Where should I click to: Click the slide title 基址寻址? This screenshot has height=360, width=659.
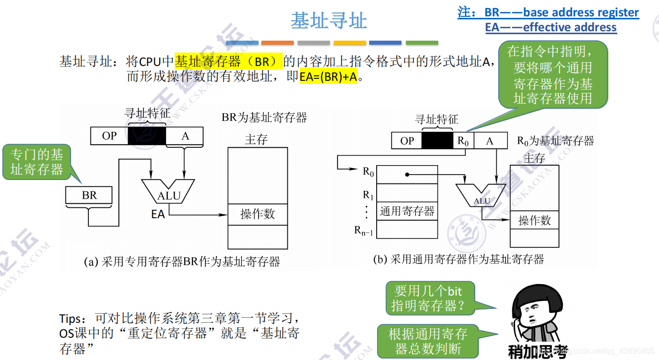click(x=329, y=21)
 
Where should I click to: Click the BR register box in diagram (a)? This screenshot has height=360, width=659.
click(x=89, y=195)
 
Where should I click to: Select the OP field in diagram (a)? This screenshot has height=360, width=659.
click(x=109, y=136)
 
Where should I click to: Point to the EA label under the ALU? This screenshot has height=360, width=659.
click(x=158, y=214)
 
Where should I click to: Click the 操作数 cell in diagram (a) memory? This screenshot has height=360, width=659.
click(x=258, y=214)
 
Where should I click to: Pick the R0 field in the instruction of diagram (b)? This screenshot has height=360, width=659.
click(x=463, y=141)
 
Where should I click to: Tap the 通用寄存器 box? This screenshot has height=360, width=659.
click(x=407, y=211)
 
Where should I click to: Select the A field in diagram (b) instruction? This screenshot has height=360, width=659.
click(x=490, y=141)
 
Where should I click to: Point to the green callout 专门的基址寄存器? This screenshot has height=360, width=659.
click(x=37, y=162)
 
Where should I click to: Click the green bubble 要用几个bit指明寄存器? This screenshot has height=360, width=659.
click(x=430, y=298)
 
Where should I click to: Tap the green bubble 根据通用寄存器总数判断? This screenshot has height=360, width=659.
click(x=428, y=341)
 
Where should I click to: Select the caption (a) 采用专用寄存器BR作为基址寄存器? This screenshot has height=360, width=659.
click(x=182, y=261)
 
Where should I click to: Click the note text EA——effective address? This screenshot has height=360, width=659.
click(x=551, y=27)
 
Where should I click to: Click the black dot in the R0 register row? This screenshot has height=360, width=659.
click(x=407, y=175)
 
